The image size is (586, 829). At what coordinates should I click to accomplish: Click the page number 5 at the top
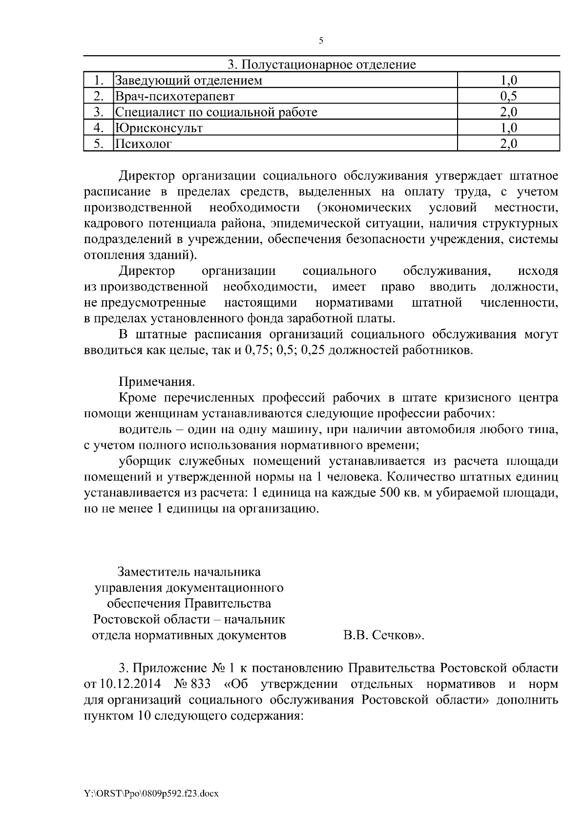(x=321, y=41)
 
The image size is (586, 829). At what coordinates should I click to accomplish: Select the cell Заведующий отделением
(x=188, y=81)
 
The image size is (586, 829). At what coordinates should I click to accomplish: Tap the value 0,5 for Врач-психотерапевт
(x=508, y=96)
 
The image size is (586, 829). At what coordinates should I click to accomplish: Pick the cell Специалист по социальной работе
(x=216, y=112)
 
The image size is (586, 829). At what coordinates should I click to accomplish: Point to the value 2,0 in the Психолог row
(x=508, y=144)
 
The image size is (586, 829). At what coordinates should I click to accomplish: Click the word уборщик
(x=142, y=461)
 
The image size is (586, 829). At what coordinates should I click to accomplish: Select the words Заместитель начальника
(x=189, y=572)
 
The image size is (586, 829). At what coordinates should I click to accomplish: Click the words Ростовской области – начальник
(x=189, y=620)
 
